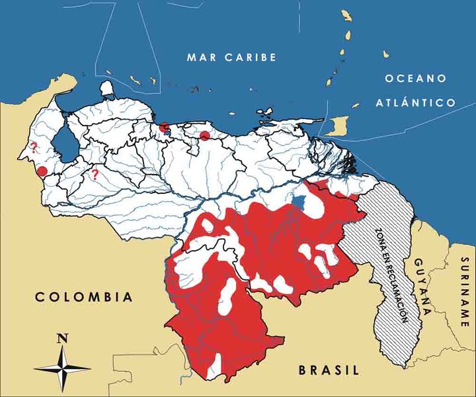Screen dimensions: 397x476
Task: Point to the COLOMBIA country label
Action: click(83, 297)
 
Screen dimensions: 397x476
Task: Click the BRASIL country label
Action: click(327, 370)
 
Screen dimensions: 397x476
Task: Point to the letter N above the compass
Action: click(63, 338)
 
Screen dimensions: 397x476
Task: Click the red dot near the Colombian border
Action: click(42, 171)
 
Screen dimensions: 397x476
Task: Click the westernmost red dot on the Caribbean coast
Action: click(165, 127)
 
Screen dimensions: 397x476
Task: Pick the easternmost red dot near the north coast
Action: click(205, 136)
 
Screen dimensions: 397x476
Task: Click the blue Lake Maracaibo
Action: click(63, 141)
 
